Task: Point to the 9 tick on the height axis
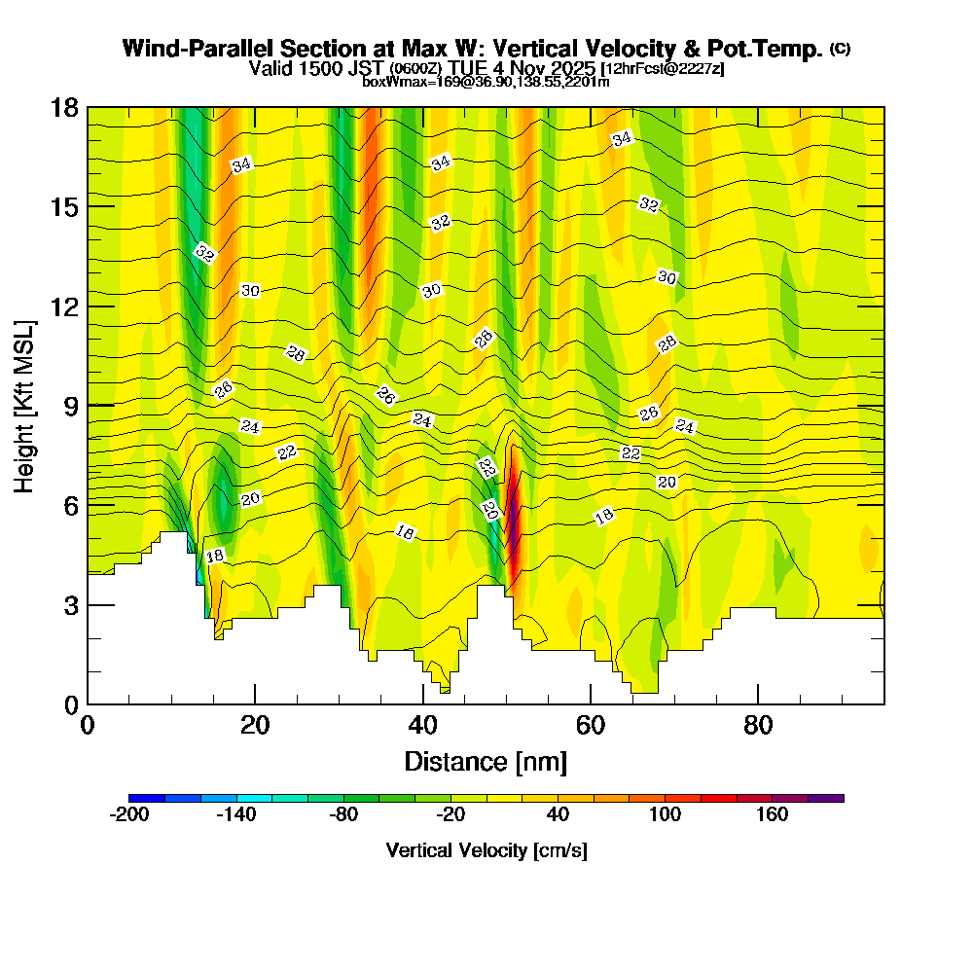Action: pos(88,406)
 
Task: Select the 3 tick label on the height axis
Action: pos(71,605)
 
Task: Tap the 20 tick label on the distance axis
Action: pos(255,726)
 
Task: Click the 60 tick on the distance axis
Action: pos(591,703)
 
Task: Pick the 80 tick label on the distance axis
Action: pos(758,726)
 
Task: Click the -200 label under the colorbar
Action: pos(129,815)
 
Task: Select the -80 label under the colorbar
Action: pos(343,815)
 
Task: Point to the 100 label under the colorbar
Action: pos(666,815)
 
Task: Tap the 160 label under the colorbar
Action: pos(773,815)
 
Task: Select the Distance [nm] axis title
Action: pos(486,761)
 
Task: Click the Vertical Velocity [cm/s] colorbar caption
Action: pos(486,851)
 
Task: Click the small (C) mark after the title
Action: pos(841,49)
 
